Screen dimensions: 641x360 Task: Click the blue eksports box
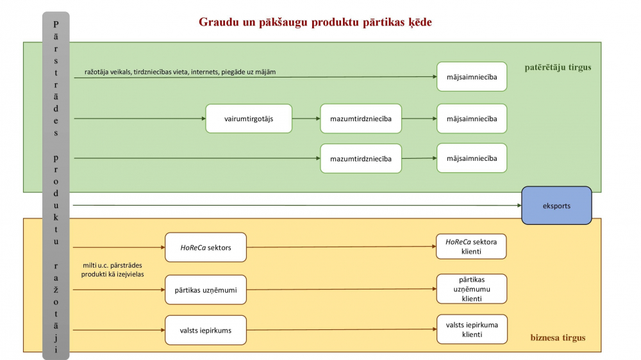pyautogui.click(x=556, y=206)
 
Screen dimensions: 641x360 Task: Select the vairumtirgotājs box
pyautogui.click(x=249, y=119)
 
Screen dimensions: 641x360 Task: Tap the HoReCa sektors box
pyautogui.click(x=206, y=247)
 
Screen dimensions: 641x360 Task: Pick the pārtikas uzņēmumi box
pyautogui.click(x=206, y=290)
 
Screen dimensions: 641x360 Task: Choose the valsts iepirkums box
pyautogui.click(x=206, y=330)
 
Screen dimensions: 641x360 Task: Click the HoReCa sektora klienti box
pyautogui.click(x=471, y=247)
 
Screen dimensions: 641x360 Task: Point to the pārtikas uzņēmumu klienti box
pyautogui.click(x=471, y=289)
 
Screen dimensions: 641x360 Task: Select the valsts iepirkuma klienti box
pyautogui.click(x=472, y=329)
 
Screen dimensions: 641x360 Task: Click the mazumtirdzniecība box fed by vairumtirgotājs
pyautogui.click(x=361, y=119)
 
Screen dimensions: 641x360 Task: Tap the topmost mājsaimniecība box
pyautogui.click(x=472, y=76)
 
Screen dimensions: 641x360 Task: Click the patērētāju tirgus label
pyautogui.click(x=558, y=67)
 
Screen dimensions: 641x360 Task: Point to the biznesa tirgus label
pyautogui.click(x=558, y=338)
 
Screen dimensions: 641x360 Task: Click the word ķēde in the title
pyautogui.click(x=420, y=22)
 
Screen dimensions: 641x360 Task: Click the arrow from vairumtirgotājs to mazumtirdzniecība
pyautogui.click(x=306, y=119)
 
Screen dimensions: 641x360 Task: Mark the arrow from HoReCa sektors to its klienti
pyautogui.click(x=342, y=247)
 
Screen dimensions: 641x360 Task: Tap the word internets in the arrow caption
pyautogui.click(x=204, y=72)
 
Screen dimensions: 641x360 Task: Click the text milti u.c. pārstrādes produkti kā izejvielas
pyautogui.click(x=112, y=270)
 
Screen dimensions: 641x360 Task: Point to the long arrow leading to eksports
pyautogui.click(x=297, y=205)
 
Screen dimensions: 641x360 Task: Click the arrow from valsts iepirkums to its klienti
pyautogui.click(x=342, y=329)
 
